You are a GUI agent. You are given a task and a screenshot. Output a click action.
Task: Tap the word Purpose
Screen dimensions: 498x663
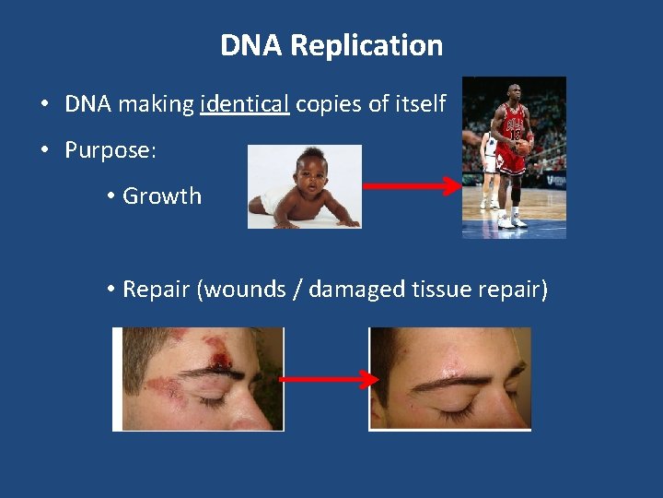109,150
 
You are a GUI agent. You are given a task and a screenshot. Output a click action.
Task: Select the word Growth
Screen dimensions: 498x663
162,196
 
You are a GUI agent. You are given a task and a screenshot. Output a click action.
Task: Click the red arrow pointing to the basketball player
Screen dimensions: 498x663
411,186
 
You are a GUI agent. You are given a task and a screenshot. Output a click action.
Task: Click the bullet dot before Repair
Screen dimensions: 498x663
110,290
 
